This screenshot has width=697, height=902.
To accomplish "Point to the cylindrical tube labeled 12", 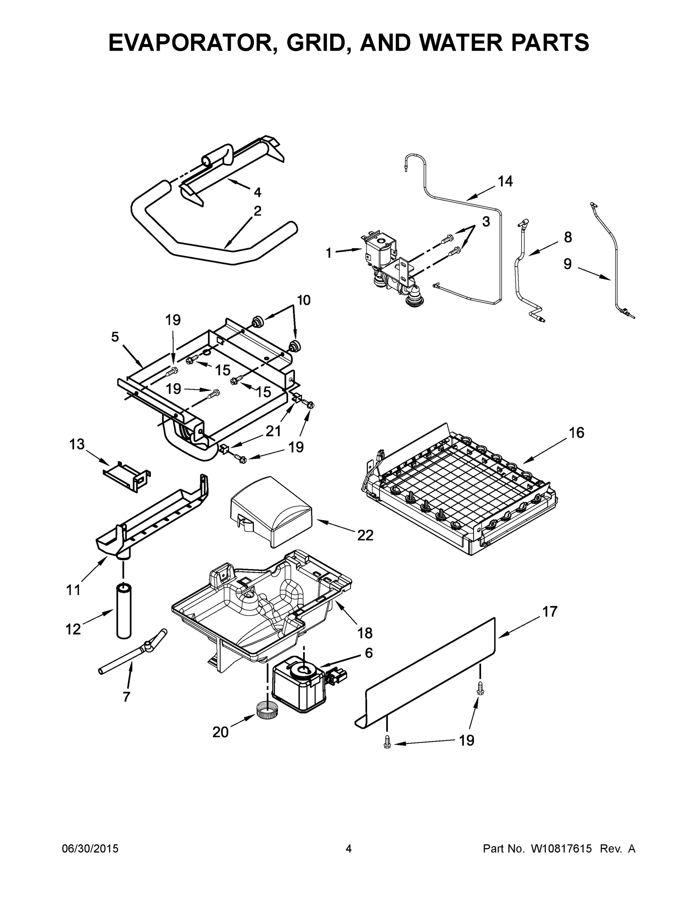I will coord(123,611).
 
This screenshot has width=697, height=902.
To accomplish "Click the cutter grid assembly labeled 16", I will coord(460,489).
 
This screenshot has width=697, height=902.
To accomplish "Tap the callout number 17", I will coord(550,611).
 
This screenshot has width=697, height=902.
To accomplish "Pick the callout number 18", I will coord(364,633).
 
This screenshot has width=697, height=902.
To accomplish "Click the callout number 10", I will coord(304,300).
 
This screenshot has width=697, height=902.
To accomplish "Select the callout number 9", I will coord(568,263).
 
